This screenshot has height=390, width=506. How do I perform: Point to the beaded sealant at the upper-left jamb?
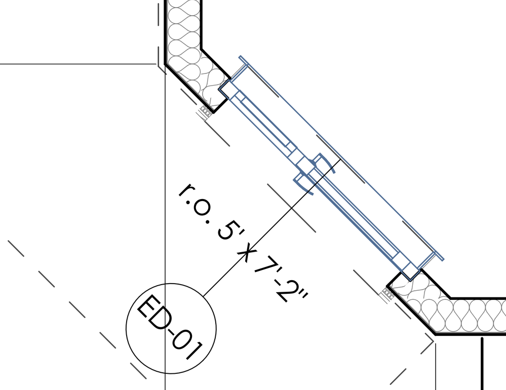pyautogui.click(x=206, y=111)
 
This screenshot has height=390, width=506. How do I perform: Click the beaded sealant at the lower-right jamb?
pyautogui.click(x=387, y=294)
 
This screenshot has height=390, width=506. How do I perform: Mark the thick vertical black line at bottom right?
pyautogui.click(x=482, y=364)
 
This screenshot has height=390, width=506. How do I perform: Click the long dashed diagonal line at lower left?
pyautogui.click(x=77, y=309)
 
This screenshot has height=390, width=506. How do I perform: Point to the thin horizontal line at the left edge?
pyautogui.click(x=78, y=64)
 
